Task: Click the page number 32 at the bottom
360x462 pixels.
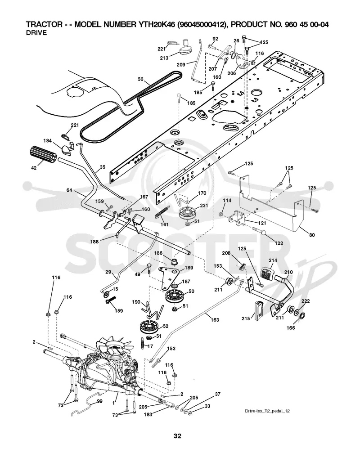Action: point(177,436)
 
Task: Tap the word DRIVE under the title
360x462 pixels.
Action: point(36,33)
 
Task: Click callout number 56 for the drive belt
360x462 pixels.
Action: point(141,79)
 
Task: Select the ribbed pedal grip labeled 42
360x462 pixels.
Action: point(43,154)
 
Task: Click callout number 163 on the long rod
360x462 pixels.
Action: point(215,320)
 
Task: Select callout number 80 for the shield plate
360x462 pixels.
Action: point(312,235)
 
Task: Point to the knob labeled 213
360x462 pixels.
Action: point(186,48)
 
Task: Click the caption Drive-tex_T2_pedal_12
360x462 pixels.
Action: point(267,411)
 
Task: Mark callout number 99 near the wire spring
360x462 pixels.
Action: point(99,401)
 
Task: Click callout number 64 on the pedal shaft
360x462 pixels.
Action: point(69,190)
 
